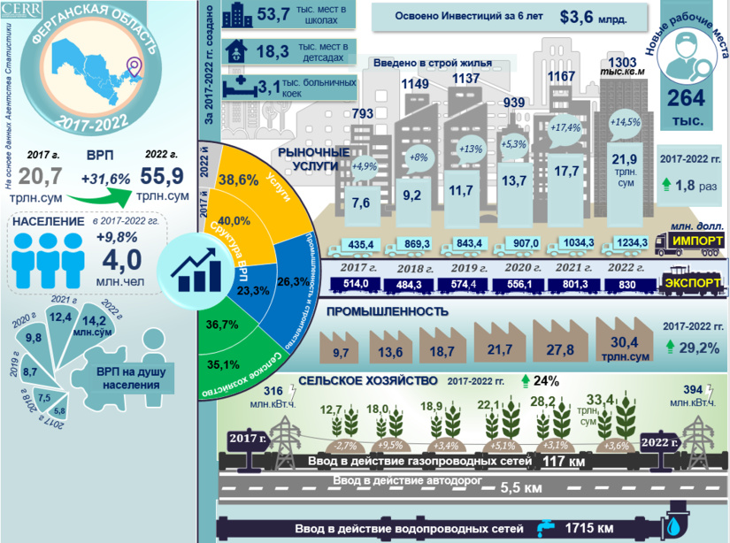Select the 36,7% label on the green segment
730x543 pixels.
(223, 325)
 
